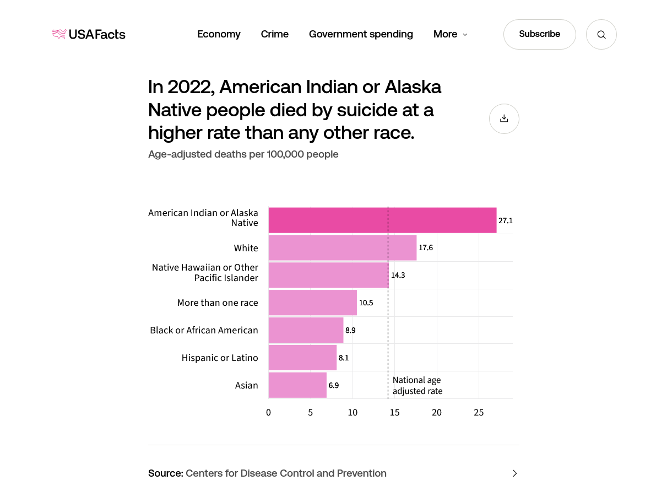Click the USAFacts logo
89,34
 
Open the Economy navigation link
219,34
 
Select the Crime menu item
274,34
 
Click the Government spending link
361,34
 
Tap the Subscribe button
539,34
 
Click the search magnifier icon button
601,35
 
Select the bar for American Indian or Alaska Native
382,220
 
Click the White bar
342,248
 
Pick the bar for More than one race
312,303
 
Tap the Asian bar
297,385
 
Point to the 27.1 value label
506,220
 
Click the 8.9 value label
351,330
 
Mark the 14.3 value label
398,275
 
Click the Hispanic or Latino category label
220,358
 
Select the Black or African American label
204,330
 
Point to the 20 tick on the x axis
437,412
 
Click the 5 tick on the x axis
311,412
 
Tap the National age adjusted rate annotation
417,385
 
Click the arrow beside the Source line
514,473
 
